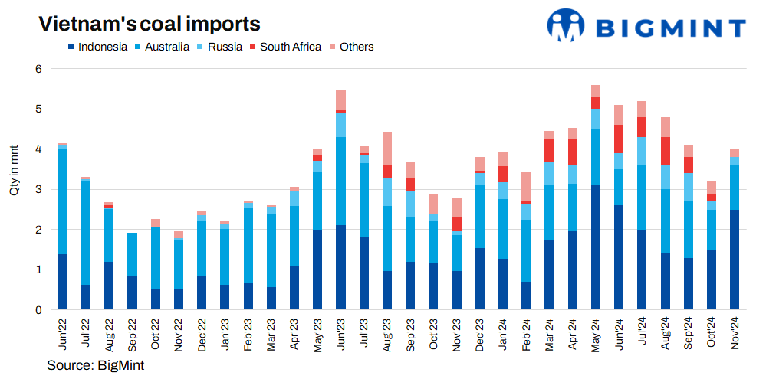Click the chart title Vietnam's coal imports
[150, 24]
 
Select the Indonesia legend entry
[97, 47]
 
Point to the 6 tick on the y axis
[38, 69]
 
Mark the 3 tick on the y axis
[38, 190]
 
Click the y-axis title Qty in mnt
[15, 168]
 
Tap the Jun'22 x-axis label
[63, 334]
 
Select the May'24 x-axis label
[596, 334]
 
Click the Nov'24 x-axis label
[735, 334]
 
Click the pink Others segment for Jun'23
[340, 100]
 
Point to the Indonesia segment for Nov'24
[735, 260]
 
